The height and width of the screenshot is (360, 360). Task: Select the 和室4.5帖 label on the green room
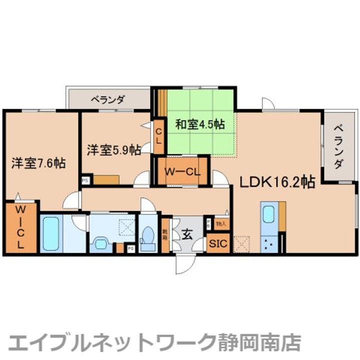pos(199,124)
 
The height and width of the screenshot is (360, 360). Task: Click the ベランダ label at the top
pos(107,98)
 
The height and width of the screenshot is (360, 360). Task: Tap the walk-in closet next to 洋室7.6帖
pos(20,227)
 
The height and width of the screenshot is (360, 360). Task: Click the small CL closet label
pos(158,135)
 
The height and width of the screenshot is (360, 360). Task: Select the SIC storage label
pos(217,244)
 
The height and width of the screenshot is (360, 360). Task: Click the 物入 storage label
pos(220,224)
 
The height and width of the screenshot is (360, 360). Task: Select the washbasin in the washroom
pos(101,244)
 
